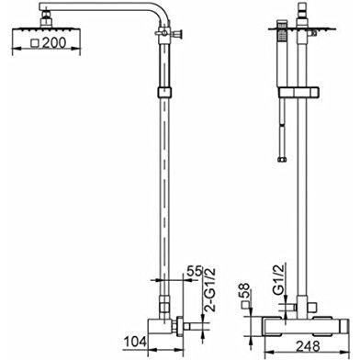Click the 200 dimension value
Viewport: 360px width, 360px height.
click(54, 42)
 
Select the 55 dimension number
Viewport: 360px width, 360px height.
click(195, 272)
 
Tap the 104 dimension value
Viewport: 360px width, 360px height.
click(135, 342)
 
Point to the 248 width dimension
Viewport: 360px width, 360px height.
click(308, 346)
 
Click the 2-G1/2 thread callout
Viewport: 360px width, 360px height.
click(211, 289)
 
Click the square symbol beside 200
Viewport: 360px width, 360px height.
click(35, 43)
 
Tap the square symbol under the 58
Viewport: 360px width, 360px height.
click(245, 305)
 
